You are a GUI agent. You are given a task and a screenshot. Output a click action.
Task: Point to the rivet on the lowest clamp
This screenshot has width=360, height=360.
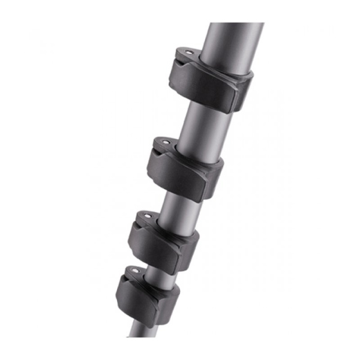(133, 271)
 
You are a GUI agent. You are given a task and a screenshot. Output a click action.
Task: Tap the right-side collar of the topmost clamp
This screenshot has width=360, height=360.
(243, 93)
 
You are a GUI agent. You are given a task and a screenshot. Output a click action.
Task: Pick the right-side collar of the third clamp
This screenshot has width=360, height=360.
(190, 246)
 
